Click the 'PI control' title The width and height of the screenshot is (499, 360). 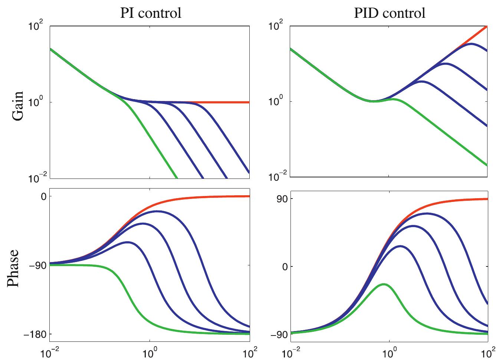[151, 13]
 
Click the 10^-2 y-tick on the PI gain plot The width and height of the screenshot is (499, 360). [36, 178]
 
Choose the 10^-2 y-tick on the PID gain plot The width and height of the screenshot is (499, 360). [276, 177]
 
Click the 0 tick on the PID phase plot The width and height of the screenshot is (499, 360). [284, 266]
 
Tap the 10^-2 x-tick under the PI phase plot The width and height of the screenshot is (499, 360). [50, 352]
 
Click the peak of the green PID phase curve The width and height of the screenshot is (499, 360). [384, 284]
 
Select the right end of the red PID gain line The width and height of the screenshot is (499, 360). [487, 26]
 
